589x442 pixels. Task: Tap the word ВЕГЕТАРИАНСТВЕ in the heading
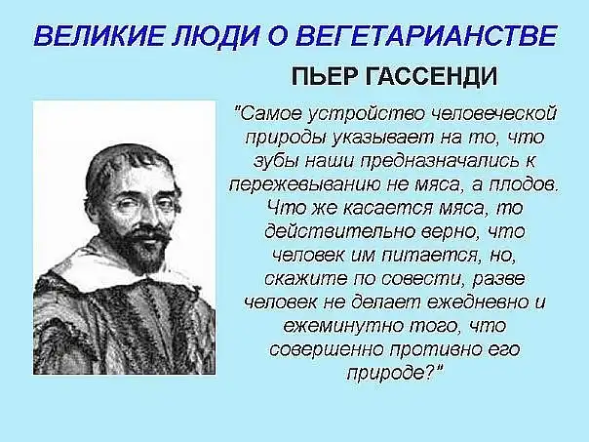428,36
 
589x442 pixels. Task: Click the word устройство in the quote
365,114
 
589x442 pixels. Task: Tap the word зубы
276,161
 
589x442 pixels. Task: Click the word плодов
524,184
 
